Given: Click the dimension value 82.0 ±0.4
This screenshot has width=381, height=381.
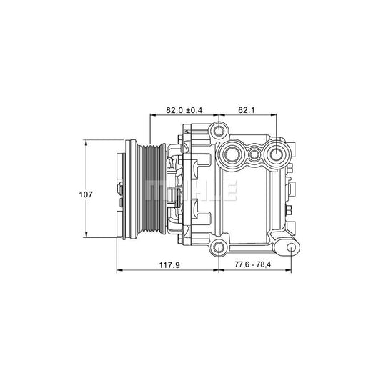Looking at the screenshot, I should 184,110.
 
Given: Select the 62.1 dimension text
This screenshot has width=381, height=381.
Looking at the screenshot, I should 247,110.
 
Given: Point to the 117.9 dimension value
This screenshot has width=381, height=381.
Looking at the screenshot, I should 168,265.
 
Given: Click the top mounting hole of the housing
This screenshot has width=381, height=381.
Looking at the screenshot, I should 219,132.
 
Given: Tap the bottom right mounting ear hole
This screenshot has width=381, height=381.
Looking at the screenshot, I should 291,247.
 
